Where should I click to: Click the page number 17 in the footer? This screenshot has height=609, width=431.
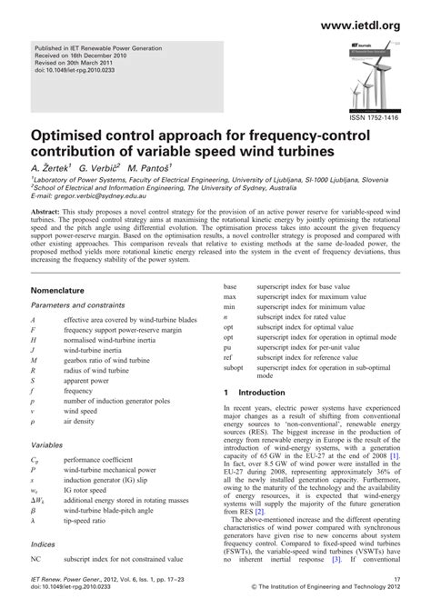396,590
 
